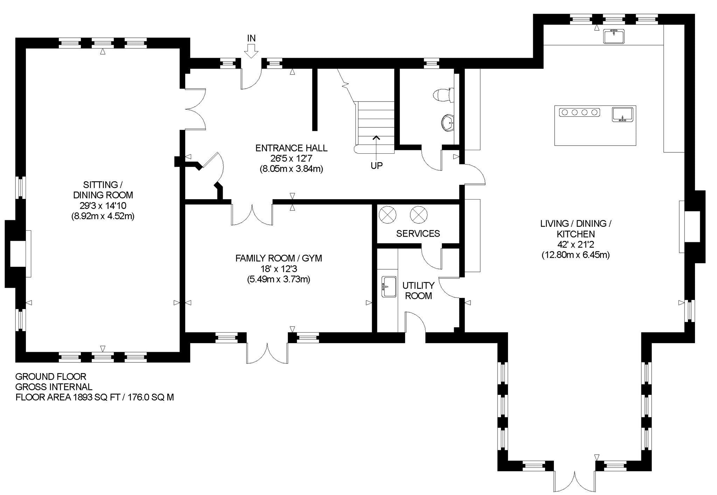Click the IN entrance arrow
tap(251, 51)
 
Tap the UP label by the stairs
tap(377, 166)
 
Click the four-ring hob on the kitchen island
tap(580, 112)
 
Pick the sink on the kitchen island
tap(623, 114)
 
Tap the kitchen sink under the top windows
tap(614, 36)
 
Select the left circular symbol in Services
tap(388, 215)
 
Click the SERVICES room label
tap(418, 233)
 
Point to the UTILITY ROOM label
tap(418, 291)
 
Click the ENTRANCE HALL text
tap(291, 148)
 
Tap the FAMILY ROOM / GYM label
tap(279, 258)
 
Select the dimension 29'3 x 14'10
tap(103, 205)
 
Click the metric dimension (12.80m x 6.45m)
tap(576, 255)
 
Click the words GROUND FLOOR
tap(51, 377)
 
